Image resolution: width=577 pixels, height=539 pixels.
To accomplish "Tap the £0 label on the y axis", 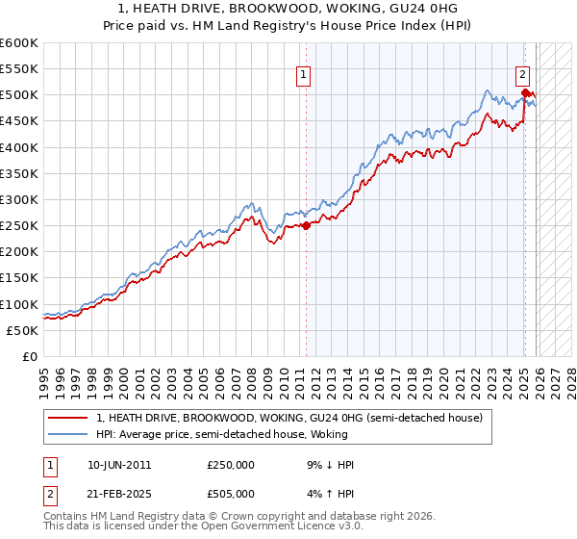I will tap(29, 356).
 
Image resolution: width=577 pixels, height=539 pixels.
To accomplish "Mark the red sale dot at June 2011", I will tap(306, 225).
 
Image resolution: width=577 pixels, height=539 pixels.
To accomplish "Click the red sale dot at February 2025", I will tap(525, 93).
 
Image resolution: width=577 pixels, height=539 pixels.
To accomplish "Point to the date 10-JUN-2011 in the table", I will tap(118, 464).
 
